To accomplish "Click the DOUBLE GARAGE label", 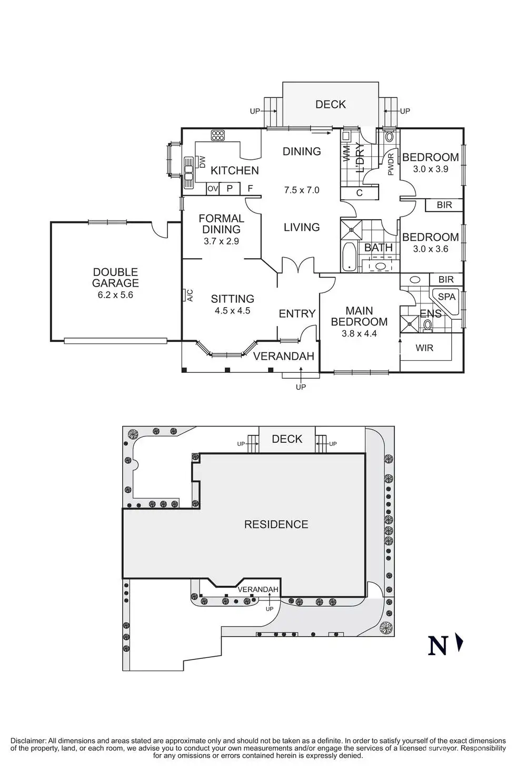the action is coord(115,277).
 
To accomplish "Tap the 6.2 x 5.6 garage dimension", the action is coord(115,295).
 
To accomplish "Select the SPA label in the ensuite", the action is coord(446,297).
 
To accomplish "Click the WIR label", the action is coord(424,348).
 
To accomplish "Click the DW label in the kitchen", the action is coord(202,162).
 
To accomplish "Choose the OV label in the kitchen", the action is coord(212,188).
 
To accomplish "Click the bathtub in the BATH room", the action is coord(349,258).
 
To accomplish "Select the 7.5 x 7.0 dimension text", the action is coord(302,190).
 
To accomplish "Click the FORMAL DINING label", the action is coord(221,223).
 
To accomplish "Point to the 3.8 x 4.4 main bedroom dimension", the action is coord(359,333).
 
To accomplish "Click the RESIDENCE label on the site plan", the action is coord(276,524).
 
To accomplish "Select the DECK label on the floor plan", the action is coord(331,104).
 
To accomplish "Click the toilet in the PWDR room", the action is coord(389,137).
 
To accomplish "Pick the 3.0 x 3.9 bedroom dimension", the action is coord(430,169).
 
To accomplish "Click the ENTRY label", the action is coord(297,313).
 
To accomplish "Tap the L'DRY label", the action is coord(361,158).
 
